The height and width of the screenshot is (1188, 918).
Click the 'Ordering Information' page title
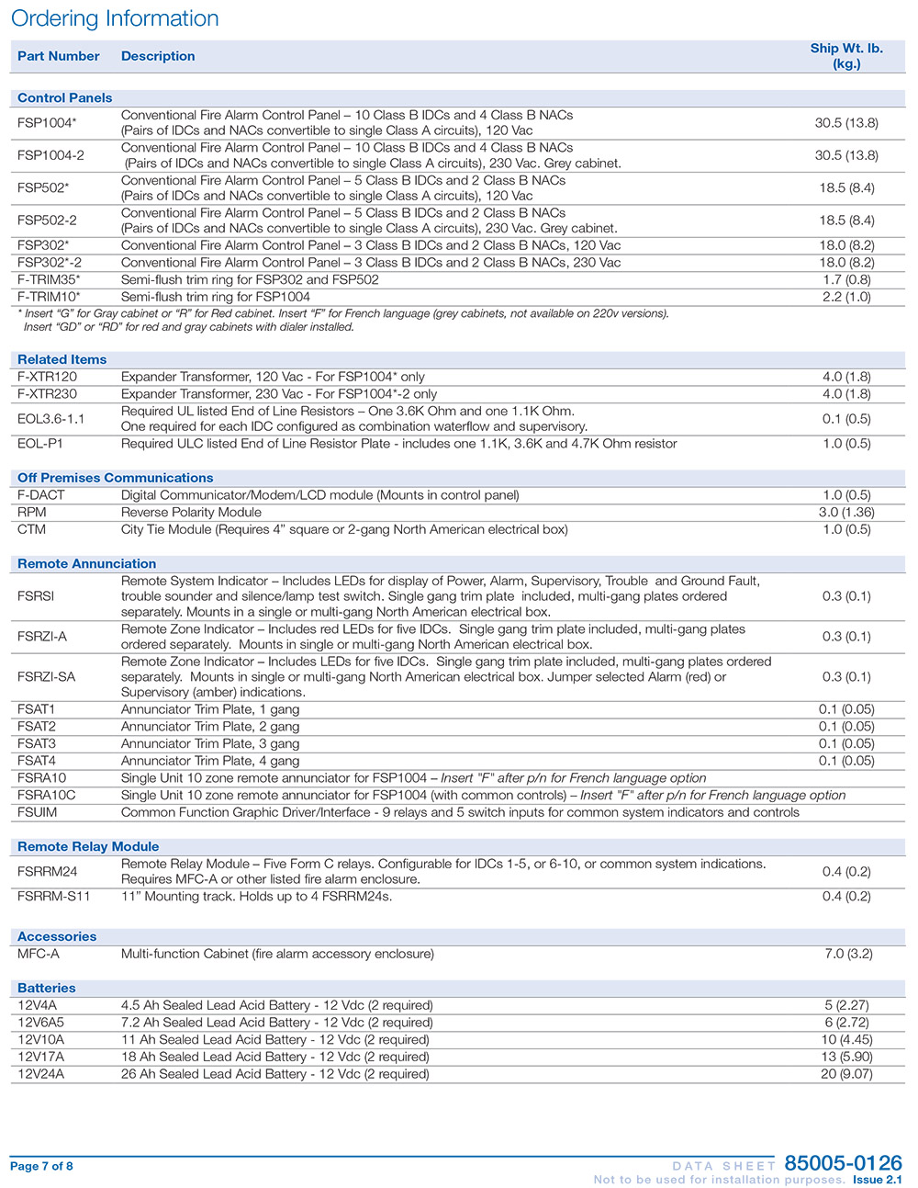(x=115, y=18)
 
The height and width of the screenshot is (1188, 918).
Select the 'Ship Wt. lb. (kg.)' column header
(x=846, y=56)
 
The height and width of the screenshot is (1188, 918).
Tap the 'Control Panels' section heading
(x=64, y=98)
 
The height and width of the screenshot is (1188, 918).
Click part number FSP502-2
(x=47, y=221)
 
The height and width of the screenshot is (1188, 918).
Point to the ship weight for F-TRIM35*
(x=846, y=279)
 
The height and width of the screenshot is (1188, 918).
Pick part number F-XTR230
(x=47, y=394)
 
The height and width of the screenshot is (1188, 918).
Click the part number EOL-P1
(x=40, y=444)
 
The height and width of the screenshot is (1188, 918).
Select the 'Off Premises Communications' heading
(x=115, y=478)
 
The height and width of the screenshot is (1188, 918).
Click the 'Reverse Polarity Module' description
(x=191, y=513)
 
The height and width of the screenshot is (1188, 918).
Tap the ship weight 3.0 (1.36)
(x=846, y=513)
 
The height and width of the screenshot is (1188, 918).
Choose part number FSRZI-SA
(x=47, y=677)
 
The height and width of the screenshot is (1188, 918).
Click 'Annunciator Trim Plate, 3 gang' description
(x=210, y=744)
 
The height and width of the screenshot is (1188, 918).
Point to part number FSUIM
(x=37, y=812)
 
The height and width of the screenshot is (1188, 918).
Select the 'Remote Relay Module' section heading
(x=88, y=847)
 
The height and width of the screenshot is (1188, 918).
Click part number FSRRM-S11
(x=54, y=897)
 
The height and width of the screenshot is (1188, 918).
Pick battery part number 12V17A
(x=41, y=1057)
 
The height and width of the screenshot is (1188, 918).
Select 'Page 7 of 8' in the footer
(x=41, y=1167)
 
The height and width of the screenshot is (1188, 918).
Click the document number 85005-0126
(x=843, y=1164)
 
